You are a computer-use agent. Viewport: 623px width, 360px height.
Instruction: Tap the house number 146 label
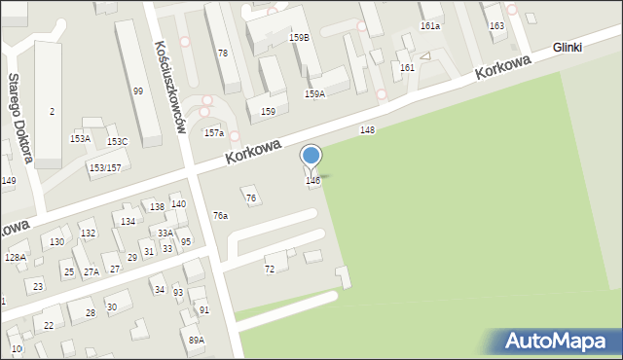pyautogui.click(x=312, y=181)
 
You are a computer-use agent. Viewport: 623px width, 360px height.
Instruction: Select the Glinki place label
pyautogui.click(x=593, y=47)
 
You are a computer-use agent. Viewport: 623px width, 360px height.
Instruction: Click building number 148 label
pyautogui.click(x=367, y=129)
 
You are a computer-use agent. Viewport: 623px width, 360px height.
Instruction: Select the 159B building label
pyautogui.click(x=299, y=38)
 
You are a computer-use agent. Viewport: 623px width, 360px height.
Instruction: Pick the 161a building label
pyautogui.click(x=429, y=26)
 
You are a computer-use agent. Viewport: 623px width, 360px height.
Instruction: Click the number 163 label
pyautogui.click(x=496, y=25)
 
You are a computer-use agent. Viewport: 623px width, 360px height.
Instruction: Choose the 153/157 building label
pyautogui.click(x=104, y=168)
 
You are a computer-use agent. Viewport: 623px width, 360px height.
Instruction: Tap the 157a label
pyautogui.click(x=213, y=132)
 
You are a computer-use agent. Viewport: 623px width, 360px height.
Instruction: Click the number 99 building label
pyautogui.click(x=138, y=91)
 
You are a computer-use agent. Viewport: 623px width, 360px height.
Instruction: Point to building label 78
pyautogui.click(x=223, y=53)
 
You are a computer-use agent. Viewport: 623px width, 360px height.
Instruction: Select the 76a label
pyautogui.click(x=221, y=216)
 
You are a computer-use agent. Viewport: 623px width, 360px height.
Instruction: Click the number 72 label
pyautogui.click(x=270, y=269)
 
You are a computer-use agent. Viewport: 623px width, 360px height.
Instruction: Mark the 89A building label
pyautogui.click(x=197, y=340)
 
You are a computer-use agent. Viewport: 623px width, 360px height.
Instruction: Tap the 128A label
pyautogui.click(x=15, y=257)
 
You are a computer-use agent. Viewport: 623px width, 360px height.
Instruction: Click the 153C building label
pyautogui.click(x=117, y=142)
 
